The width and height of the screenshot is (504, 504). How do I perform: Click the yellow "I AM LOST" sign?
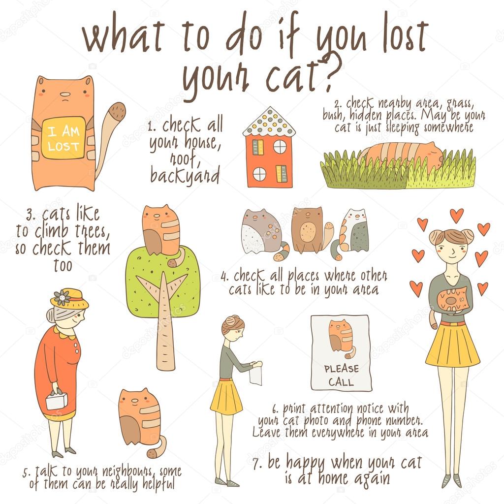pos(63,138)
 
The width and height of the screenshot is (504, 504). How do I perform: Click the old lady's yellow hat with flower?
pos(68,299)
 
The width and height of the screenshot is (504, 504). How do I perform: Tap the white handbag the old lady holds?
pos(56,401)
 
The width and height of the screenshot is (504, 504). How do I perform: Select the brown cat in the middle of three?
pos(308,230)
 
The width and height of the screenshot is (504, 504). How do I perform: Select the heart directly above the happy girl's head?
pos(457,215)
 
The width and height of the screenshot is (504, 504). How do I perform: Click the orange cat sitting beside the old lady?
pos(140,418)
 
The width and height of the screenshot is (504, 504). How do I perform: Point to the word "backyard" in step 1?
pos(185,176)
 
